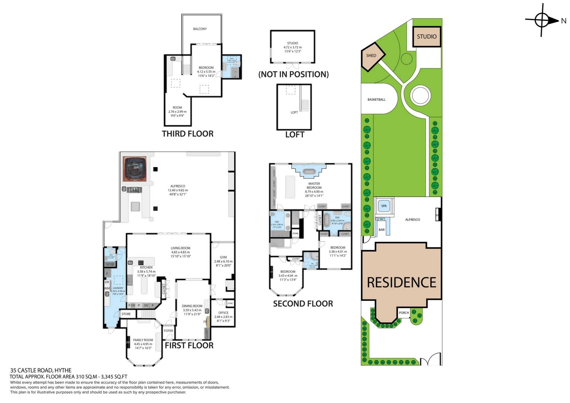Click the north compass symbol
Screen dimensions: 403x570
(541, 20)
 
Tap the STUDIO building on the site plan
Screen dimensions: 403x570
(426, 37)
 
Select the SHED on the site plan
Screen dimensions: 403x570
(371, 56)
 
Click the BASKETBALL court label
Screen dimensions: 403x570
(376, 100)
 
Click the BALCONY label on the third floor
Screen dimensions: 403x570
(200, 29)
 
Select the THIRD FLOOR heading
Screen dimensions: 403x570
(187, 134)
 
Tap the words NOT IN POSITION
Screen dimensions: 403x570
(294, 74)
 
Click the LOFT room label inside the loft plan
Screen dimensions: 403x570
(294, 112)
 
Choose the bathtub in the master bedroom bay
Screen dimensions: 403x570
(309, 171)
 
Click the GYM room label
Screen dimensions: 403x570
(223, 257)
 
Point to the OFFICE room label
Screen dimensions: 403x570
(223, 313)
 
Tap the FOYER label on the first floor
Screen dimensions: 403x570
(168, 331)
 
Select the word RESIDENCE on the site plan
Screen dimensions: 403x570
(401, 283)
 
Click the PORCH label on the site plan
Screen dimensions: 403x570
(404, 313)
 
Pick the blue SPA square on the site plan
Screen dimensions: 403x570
(384, 206)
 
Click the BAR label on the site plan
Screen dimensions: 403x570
(381, 230)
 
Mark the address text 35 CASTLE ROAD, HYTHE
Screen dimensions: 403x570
(41, 370)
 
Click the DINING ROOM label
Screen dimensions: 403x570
(192, 306)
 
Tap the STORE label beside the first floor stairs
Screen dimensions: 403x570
(126, 314)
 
